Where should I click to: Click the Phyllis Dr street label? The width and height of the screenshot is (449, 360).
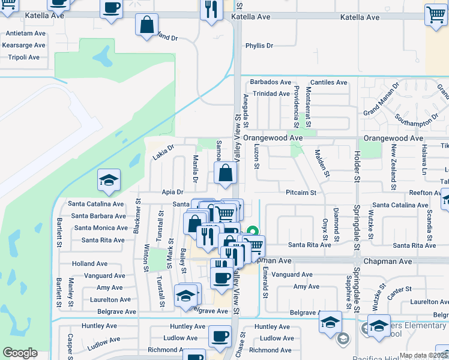[259, 46]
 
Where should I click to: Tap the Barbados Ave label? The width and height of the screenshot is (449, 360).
[271, 82]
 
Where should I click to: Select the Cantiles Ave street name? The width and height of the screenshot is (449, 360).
[329, 82]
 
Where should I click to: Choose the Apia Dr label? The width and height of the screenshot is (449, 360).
[172, 193]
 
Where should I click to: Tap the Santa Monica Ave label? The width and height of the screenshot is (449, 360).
[101, 228]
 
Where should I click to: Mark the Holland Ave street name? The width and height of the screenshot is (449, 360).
[90, 263]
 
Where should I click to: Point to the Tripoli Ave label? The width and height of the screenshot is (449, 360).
[20, 58]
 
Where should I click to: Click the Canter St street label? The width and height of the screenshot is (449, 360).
[399, 290]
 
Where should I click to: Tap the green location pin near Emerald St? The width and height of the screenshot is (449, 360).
[253, 231]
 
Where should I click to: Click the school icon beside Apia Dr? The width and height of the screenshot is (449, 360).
[109, 179]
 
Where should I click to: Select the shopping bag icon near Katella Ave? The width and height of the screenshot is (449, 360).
[146, 25]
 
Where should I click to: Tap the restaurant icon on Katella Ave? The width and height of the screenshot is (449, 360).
[211, 10]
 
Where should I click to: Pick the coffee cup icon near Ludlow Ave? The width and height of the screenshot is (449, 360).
[220, 336]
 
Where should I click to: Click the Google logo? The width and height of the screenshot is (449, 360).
[20, 353]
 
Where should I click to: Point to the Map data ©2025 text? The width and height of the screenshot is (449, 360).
[423, 355]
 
